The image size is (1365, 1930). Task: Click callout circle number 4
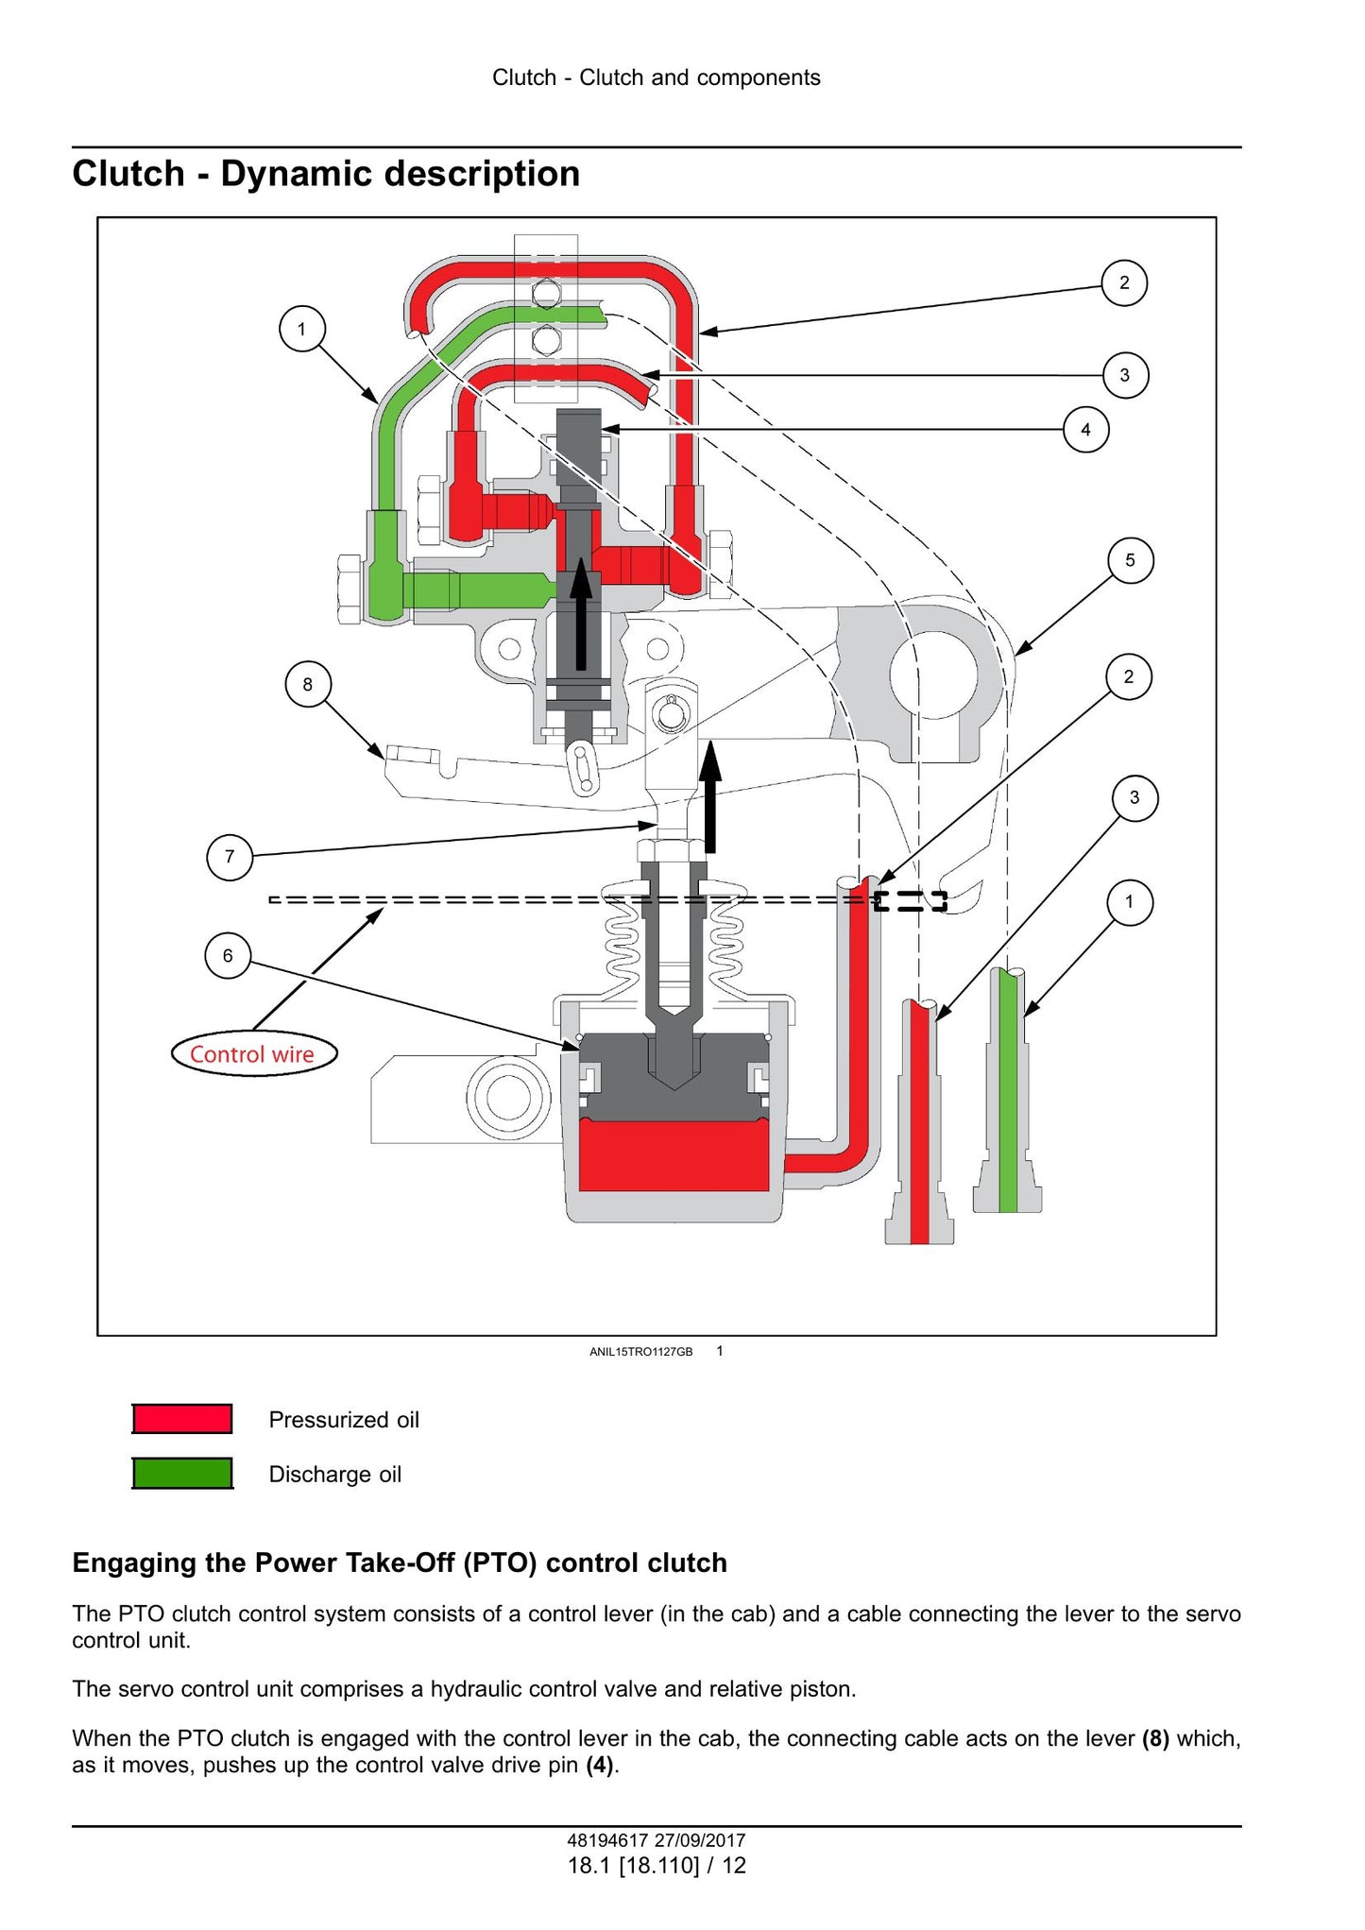(1085, 430)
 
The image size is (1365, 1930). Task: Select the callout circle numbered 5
(1130, 560)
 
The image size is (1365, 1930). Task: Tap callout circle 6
(228, 956)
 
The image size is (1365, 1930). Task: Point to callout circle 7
(230, 857)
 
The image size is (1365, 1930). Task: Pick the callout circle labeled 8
(308, 684)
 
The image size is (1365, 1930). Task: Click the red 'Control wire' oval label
(253, 1054)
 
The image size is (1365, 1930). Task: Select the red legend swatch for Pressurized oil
(182, 1419)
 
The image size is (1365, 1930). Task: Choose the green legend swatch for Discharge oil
(182, 1474)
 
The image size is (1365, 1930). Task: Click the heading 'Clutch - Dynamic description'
(326, 174)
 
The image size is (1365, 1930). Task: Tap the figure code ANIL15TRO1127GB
(640, 1352)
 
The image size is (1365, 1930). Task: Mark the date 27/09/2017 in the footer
(700, 1840)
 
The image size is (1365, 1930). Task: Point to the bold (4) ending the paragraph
(600, 1765)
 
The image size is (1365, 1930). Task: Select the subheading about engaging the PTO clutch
(400, 1563)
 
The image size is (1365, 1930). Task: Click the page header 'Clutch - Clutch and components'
(657, 77)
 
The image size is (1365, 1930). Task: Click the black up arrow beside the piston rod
(710, 796)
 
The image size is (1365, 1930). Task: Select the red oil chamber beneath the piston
(674, 1154)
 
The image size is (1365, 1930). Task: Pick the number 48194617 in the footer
(607, 1840)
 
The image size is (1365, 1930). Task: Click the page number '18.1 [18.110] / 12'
(657, 1866)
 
